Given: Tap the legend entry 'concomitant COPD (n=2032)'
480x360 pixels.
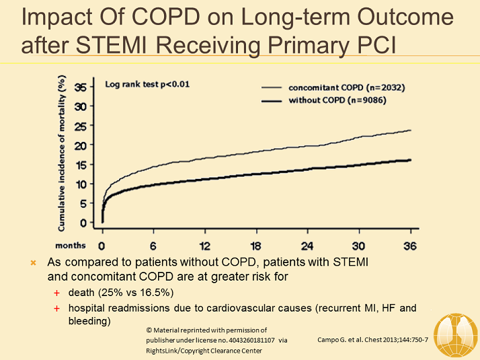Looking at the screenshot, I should pos(346,87).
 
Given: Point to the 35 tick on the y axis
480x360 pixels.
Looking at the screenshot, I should pos(80,87).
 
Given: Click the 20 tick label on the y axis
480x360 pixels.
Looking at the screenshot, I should pos(80,145).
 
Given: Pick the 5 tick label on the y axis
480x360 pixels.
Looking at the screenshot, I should pos(83,203).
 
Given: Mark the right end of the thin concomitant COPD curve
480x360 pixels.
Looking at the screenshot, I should pos(410,131).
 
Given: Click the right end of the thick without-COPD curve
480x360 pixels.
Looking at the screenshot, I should pos(410,159).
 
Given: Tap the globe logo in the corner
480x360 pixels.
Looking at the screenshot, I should pos(456,334).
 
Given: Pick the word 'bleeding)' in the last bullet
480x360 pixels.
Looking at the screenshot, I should pos(88,321).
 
